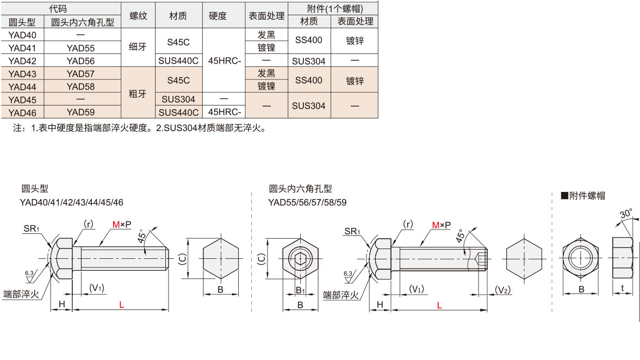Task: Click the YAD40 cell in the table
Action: pos(22,34)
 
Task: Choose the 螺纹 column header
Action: pos(138,16)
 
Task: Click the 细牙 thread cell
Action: pos(138,47)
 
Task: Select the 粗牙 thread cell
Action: pos(138,94)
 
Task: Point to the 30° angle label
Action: pos(626,214)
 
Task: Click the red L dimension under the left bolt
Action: pos(121,305)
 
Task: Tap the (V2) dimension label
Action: pos(503,290)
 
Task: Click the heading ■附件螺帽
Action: pos(583,196)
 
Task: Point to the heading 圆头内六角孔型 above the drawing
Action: pos(300,189)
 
